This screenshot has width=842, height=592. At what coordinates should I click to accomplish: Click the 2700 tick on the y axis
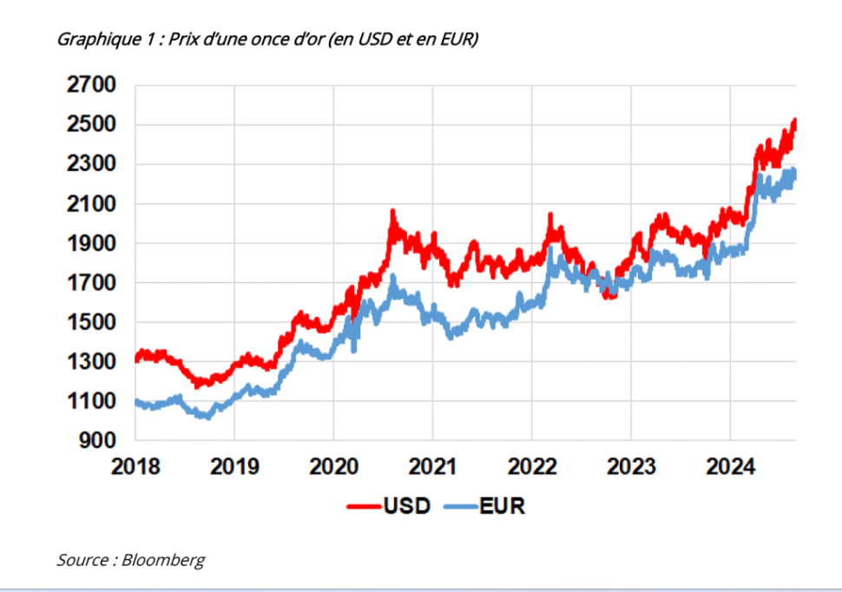tap(90, 85)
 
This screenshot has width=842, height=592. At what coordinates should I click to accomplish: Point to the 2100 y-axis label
tap(90, 204)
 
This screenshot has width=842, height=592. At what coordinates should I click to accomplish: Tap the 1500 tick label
tap(90, 323)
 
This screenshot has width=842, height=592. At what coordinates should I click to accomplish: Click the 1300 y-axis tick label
tap(90, 362)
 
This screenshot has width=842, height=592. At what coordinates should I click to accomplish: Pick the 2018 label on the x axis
tap(135, 466)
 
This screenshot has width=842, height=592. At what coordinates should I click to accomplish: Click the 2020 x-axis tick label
tap(333, 466)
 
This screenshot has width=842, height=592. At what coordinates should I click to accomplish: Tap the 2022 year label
tap(531, 466)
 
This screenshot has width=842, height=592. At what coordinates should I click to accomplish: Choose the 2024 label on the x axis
tap(730, 466)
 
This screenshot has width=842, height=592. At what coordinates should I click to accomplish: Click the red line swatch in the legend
tap(363, 506)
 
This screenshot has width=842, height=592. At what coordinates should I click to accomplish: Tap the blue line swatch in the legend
tap(461, 506)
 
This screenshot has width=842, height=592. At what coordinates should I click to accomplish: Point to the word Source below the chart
tap(81, 560)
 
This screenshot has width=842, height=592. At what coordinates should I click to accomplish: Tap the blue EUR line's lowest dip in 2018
tap(206, 417)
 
